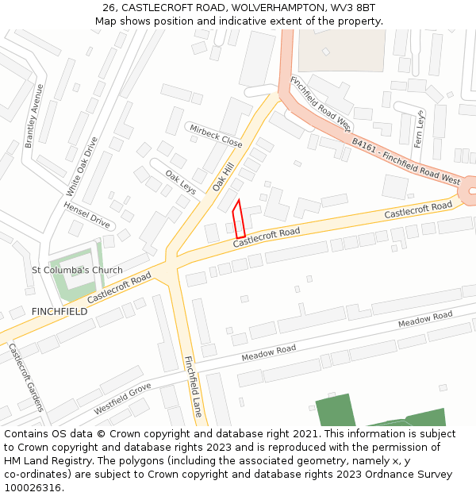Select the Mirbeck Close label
[215, 135]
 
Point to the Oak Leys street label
[180, 182]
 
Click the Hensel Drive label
[87, 214]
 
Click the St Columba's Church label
[77, 270]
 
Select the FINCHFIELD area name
[59, 312]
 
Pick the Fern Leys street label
[420, 134]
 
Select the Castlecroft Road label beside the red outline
[267, 236]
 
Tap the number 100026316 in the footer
[32, 488]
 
